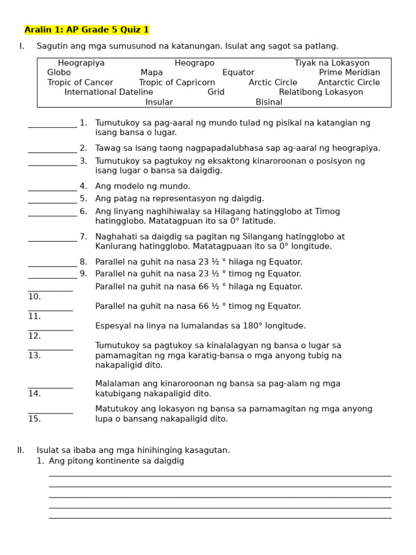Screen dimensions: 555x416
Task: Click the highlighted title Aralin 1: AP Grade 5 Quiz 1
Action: click(87, 30)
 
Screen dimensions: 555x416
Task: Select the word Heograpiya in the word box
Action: click(81, 63)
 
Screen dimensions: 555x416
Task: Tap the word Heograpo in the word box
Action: click(194, 63)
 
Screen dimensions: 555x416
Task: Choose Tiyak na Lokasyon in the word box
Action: click(331, 63)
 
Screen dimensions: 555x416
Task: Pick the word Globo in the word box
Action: click(59, 73)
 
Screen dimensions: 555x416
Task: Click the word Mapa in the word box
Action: click(152, 73)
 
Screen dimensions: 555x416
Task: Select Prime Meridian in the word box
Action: click(349, 73)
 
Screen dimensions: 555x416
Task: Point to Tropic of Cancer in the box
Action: click(80, 82)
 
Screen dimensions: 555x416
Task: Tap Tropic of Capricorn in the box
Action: click(177, 82)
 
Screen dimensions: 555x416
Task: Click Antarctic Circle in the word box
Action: click(349, 82)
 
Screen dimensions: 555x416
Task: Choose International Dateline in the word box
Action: click(109, 92)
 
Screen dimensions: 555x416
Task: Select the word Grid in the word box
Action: click(216, 92)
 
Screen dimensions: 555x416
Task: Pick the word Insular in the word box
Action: click(159, 102)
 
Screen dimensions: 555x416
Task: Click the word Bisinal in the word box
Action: click(269, 102)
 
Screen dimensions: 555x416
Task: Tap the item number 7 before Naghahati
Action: click(83, 237)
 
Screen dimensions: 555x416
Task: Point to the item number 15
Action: click(35, 419)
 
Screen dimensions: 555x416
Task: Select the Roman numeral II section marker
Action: click(21, 450)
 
